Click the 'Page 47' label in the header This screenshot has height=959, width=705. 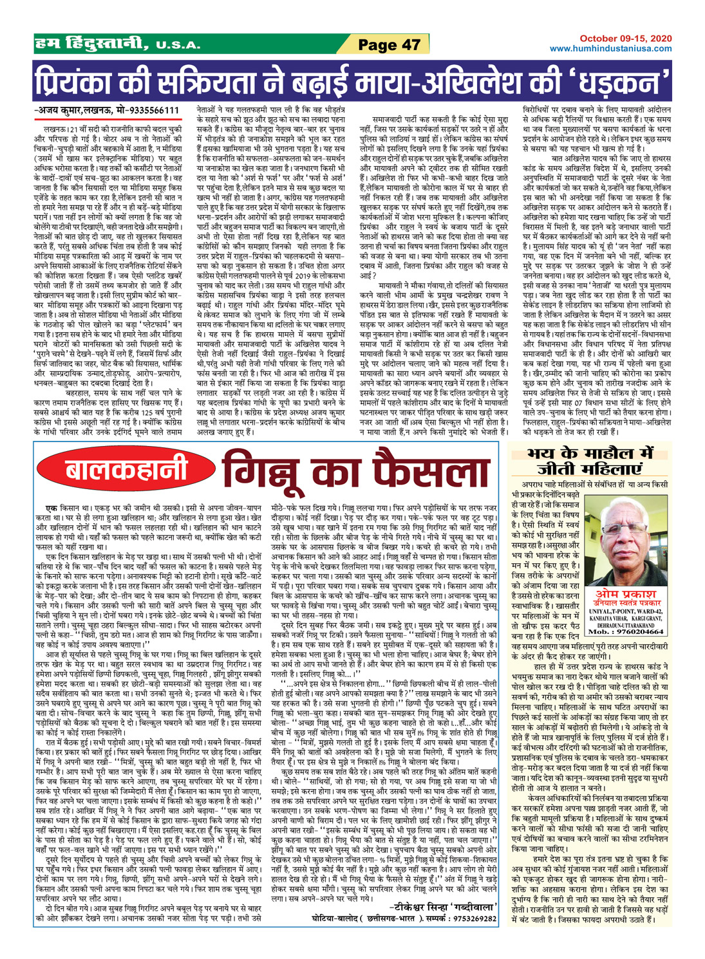[389, 44]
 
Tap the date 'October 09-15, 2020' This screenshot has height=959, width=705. [625, 39]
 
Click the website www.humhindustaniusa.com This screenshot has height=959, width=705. [611, 49]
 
